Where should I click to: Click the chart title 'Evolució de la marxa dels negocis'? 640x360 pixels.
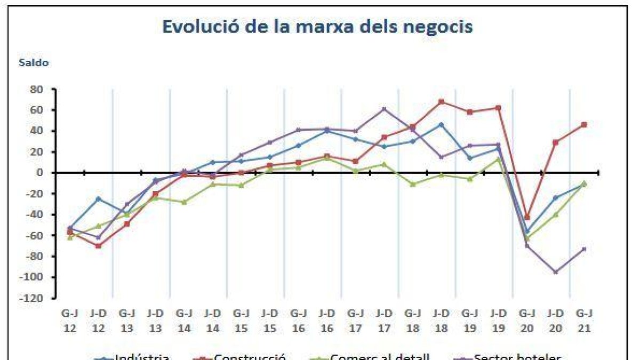(317, 27)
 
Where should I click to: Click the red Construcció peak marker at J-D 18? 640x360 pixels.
(441, 101)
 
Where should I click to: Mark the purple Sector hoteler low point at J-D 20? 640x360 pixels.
(555, 272)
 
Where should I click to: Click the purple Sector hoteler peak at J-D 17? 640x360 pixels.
(384, 109)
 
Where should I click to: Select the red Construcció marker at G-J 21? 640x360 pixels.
(584, 125)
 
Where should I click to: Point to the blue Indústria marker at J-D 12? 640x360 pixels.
(98, 198)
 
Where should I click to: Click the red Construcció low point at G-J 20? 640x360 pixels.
(527, 218)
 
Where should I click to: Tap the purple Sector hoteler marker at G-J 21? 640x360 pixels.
(584, 249)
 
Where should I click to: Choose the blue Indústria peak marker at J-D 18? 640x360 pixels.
(441, 124)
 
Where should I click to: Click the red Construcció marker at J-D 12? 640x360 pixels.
(98, 246)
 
